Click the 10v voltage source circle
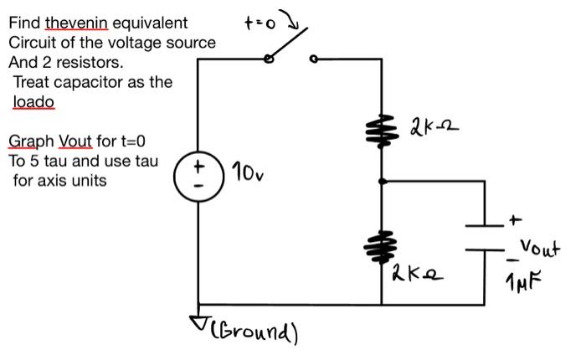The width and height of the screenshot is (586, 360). coord(198,178)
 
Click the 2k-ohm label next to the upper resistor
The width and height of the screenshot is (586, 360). coord(434,130)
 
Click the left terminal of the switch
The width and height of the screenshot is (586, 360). coord(268,59)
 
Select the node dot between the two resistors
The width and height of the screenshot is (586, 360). coord(383,180)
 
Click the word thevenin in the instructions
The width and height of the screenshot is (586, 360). coord(76,23)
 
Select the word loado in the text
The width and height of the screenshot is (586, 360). coord(33,102)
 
